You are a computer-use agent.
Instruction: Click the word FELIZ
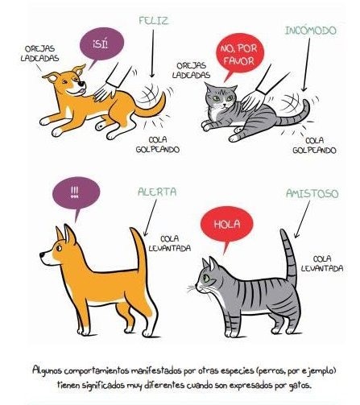(154, 21)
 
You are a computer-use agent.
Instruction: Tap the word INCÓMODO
(310, 31)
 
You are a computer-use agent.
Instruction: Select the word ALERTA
(157, 192)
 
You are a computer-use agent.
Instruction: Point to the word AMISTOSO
(312, 193)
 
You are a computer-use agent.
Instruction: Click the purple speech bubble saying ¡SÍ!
(101, 44)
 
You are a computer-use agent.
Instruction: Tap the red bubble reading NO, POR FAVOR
(239, 55)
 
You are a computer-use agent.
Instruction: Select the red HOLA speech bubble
(227, 225)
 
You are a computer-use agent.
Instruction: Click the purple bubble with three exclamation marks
(76, 194)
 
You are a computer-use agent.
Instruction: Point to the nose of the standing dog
(42, 254)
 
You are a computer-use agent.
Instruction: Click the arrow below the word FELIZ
(153, 53)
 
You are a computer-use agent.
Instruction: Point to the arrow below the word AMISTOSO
(302, 219)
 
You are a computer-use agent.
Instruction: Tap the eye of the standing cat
(206, 278)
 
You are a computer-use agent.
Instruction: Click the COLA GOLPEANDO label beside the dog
(158, 144)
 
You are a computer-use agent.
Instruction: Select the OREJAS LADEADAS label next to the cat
(191, 70)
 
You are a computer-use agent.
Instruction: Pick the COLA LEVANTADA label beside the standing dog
(170, 244)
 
